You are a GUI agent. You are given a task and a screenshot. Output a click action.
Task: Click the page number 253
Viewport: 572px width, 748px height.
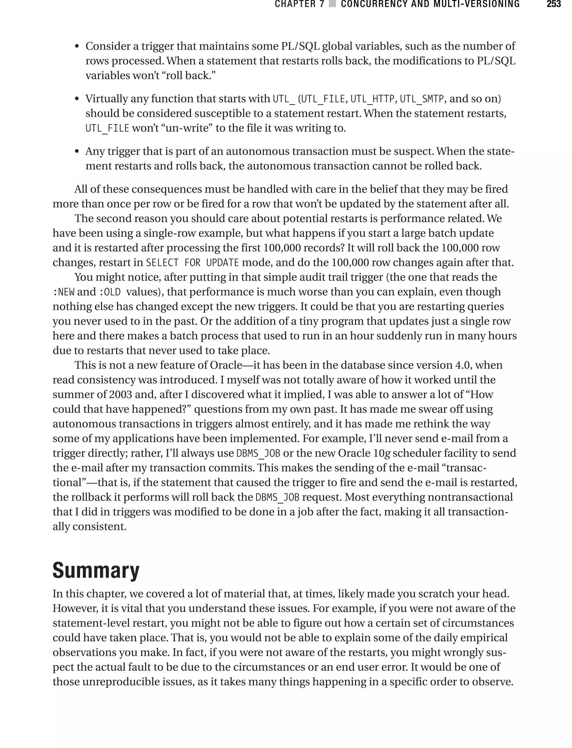[x=553, y=4]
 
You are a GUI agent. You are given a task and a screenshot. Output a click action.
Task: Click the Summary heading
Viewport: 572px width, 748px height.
[x=96, y=570]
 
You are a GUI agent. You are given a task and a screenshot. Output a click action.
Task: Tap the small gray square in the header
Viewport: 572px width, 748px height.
[x=332, y=4]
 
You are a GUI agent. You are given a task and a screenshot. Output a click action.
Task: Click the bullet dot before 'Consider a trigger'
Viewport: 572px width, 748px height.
[x=77, y=47]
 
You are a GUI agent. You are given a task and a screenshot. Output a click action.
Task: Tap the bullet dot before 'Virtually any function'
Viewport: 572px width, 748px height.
[x=77, y=99]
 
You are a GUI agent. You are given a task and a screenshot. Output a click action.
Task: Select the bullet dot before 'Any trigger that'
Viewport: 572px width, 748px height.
[x=77, y=151]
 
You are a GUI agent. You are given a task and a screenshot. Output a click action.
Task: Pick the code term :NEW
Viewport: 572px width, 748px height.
[x=63, y=292]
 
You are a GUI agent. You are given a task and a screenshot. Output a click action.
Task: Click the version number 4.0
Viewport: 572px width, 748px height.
[x=463, y=365]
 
